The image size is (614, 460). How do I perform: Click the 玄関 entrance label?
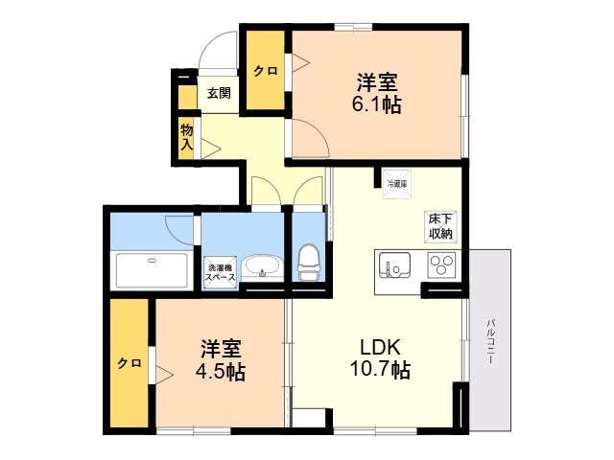click(219, 93)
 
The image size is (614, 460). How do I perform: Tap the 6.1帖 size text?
click(377, 104)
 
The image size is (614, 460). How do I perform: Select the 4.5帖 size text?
click(221, 372)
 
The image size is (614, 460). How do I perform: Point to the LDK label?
click(380, 347)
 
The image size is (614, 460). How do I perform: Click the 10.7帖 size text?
click(380, 369)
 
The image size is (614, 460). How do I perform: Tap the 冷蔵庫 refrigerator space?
click(397, 184)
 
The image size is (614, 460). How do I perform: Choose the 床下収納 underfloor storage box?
click(440, 227)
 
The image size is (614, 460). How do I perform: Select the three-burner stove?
click(441, 264)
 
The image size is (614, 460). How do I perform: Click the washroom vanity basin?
click(262, 267)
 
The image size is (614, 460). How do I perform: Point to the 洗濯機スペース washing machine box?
click(220, 272)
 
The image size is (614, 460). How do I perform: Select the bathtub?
click(152, 270)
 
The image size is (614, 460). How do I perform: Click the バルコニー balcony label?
click(491, 341)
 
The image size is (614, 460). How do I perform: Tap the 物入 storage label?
click(187, 137)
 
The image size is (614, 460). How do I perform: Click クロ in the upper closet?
click(266, 71)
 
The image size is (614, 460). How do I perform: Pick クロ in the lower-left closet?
click(130, 363)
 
